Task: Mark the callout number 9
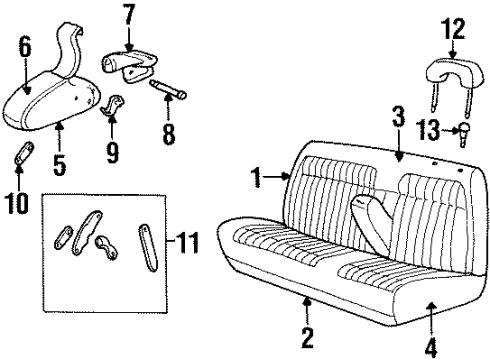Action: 112,152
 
